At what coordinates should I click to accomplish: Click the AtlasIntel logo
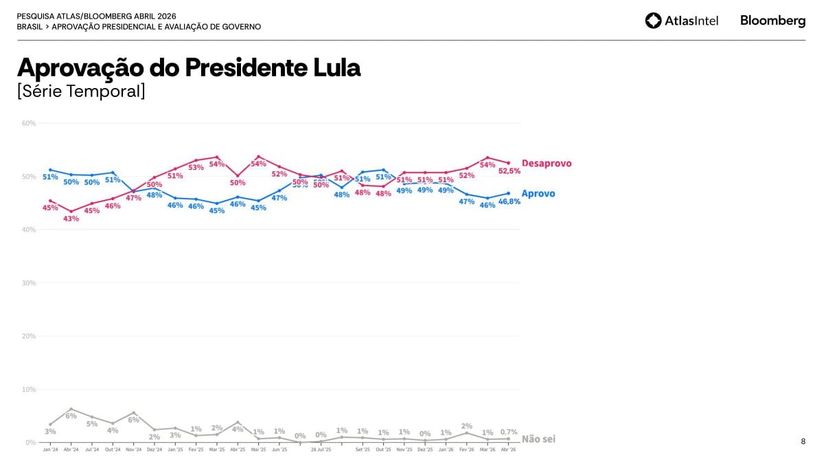[x=681, y=21]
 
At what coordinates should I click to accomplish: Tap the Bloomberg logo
[x=772, y=21]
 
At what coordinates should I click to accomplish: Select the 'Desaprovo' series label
[x=546, y=164]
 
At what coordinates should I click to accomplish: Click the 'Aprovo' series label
[x=538, y=194]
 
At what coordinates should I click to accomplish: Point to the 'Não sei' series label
[x=538, y=439]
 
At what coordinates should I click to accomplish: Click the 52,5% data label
[x=509, y=171]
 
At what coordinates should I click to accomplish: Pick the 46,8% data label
[x=509, y=202]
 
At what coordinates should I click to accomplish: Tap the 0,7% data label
[x=509, y=432]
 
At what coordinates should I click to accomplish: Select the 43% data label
[x=71, y=219]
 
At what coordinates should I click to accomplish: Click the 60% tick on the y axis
[x=29, y=124]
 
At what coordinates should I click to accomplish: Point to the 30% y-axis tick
[x=29, y=283]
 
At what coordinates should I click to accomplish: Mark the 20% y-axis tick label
[x=29, y=336]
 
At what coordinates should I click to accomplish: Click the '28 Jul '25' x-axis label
[x=321, y=450]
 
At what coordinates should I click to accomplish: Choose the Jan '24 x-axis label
[x=50, y=450]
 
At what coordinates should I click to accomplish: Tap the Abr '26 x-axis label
[x=509, y=450]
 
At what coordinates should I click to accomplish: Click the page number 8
[x=803, y=442]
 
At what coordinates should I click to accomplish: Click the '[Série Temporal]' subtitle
[x=81, y=91]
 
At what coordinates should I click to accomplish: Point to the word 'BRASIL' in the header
[x=29, y=27]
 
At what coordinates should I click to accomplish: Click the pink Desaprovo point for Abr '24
[x=71, y=211]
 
